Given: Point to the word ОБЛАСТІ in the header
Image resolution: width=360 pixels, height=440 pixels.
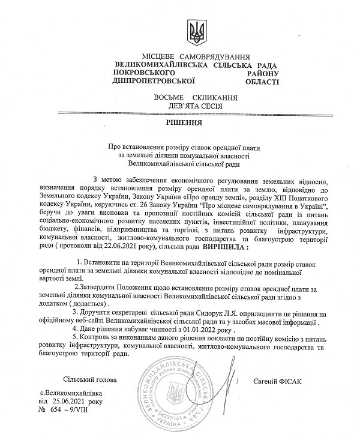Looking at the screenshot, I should coord(262,80).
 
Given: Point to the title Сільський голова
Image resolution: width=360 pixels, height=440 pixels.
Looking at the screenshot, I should coord(90,381).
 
